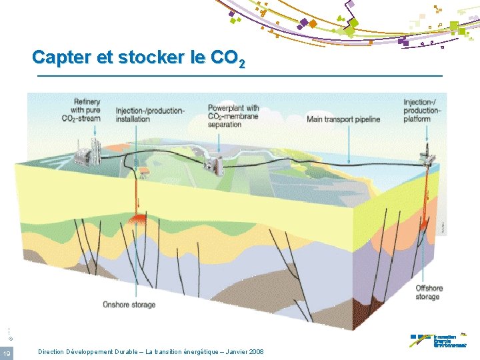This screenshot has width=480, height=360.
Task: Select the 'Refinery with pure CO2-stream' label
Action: pyautogui.click(x=87, y=110)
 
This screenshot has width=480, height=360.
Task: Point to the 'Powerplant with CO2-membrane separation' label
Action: pyautogui.click(x=233, y=116)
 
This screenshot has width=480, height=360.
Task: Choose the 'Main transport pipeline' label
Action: pyautogui.click(x=343, y=120)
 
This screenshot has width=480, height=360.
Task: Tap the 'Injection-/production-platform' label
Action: pyautogui.click(x=422, y=110)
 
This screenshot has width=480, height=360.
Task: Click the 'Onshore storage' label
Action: pyautogui.click(x=129, y=305)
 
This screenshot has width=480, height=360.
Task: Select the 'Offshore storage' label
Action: pyautogui.click(x=429, y=292)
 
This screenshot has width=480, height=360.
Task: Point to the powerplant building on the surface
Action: pyautogui.click(x=215, y=163)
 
